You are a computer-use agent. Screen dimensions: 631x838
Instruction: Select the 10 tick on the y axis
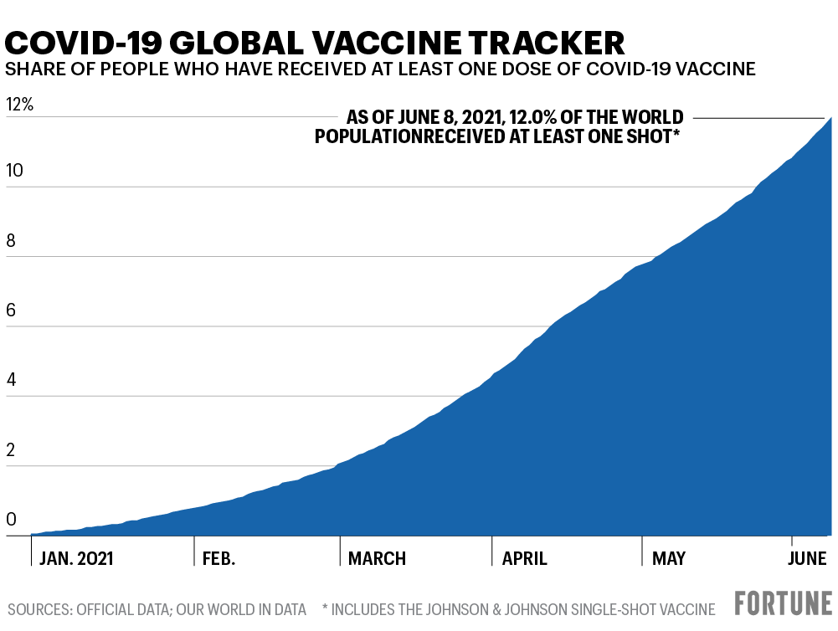(14, 171)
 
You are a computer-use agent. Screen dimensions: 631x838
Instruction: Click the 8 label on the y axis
(11, 241)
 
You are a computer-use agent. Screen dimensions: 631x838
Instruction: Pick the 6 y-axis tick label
(11, 310)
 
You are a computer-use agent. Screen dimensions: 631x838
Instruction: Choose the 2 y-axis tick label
(11, 450)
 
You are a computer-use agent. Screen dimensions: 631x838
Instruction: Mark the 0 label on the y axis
(11, 520)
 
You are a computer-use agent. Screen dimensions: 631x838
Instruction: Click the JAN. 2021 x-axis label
(77, 558)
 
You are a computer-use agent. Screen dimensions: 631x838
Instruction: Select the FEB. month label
(219, 558)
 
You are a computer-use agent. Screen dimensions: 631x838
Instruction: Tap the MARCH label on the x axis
(378, 558)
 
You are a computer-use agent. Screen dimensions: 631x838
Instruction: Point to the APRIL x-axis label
(525, 558)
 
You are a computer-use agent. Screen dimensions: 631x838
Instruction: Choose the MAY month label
(669, 558)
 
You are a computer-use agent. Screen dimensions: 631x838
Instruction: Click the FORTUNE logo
(784, 604)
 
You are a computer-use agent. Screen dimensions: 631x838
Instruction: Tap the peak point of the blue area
(830, 118)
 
